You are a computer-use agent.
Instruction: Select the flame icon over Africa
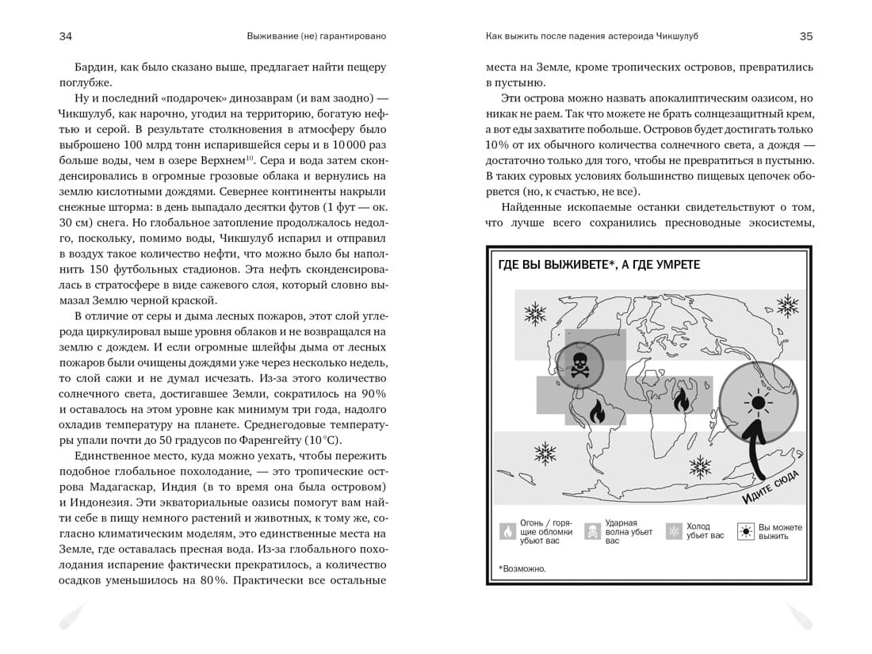(x=681, y=402)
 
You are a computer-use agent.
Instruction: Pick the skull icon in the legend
(x=592, y=531)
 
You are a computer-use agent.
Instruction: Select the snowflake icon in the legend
(x=674, y=531)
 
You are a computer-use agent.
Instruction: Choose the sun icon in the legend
(x=745, y=531)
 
